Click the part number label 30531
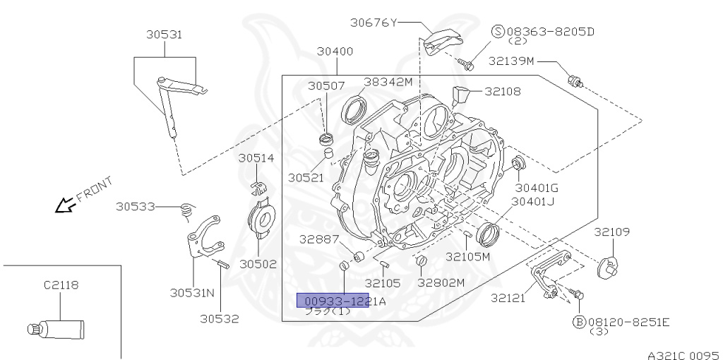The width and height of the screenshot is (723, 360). click(165, 34)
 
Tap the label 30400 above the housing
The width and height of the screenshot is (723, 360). click(335, 52)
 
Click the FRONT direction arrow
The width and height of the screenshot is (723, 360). click(68, 205)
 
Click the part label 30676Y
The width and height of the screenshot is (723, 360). click(374, 22)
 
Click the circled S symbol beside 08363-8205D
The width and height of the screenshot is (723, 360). click(498, 31)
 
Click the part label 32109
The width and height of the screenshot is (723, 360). click(611, 232)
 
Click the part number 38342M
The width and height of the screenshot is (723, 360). click(388, 81)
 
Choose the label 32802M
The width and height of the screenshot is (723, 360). click(441, 283)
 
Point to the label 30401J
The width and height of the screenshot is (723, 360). click(534, 201)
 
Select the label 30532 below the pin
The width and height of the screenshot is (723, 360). click(219, 318)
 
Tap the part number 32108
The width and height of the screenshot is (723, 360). click(502, 90)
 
